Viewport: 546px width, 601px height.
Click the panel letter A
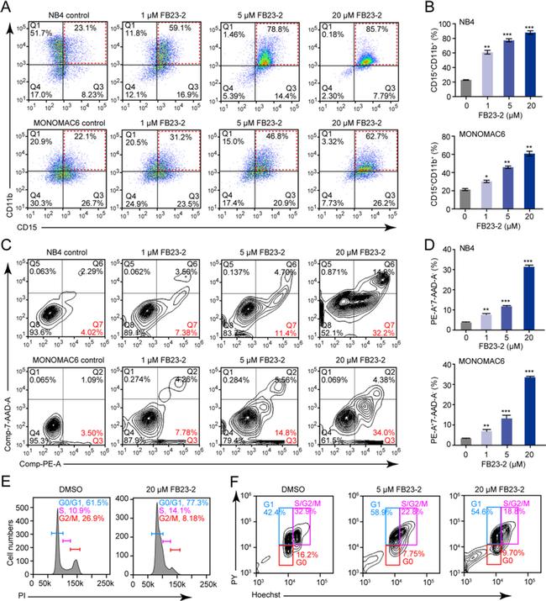8,7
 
